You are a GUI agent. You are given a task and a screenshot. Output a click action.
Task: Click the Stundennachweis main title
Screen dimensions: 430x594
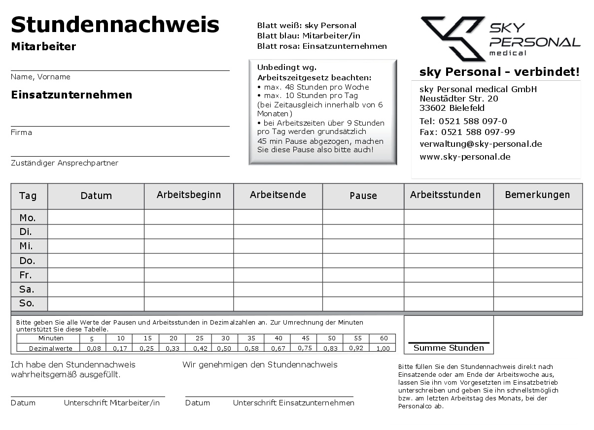point(115,24)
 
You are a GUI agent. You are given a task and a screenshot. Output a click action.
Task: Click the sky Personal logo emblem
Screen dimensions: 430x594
point(453,38)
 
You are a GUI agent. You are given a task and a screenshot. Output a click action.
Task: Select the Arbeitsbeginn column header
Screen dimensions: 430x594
point(189,195)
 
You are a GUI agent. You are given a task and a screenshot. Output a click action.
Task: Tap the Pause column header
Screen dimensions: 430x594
point(363,196)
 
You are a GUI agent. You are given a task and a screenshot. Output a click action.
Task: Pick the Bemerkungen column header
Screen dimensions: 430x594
point(537,195)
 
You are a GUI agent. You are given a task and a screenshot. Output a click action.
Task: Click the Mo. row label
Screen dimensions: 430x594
point(27,218)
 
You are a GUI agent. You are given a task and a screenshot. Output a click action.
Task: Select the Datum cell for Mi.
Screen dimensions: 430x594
point(96,246)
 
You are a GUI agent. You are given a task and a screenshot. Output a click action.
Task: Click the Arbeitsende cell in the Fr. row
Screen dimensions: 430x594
point(278,275)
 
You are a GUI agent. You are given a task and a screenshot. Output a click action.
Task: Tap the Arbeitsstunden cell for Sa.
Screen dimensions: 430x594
point(449,289)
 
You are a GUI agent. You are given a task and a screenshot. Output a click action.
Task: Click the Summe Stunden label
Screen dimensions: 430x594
point(449,348)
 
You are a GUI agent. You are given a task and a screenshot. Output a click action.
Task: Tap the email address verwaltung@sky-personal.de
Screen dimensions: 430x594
point(481,144)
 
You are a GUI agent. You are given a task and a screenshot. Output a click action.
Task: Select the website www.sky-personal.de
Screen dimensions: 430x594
point(465,157)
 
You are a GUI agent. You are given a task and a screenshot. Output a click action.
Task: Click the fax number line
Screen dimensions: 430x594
point(467,132)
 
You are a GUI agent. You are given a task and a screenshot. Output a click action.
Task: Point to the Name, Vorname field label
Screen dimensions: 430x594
point(40,77)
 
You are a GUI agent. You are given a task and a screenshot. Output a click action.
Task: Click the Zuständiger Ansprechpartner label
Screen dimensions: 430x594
point(65,163)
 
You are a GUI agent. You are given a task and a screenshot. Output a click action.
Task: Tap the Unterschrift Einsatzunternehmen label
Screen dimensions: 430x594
point(293,403)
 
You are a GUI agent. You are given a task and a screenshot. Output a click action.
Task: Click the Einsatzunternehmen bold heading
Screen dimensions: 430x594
point(71,95)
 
